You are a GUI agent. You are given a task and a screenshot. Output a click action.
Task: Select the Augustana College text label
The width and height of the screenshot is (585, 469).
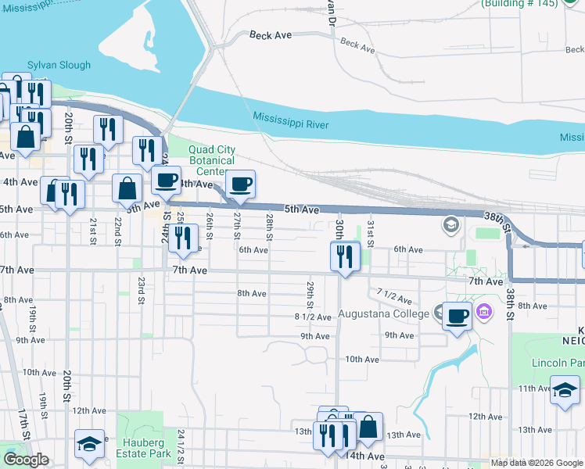pyautogui.click(x=383, y=314)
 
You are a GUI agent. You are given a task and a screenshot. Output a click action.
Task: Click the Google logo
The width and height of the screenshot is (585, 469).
pyautogui.click(x=26, y=460)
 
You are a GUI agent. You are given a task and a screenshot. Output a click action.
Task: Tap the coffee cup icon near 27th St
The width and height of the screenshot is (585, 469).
pyautogui.click(x=240, y=185)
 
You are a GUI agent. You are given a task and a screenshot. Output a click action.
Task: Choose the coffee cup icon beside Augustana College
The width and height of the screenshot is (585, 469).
pyautogui.click(x=458, y=317)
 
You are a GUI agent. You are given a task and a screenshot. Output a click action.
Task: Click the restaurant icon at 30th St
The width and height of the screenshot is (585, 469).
pyautogui.click(x=344, y=256)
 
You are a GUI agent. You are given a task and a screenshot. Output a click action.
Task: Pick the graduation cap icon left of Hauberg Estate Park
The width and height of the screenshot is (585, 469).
pyautogui.click(x=89, y=443)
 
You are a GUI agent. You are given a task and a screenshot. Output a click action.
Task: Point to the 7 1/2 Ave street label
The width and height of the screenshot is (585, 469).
pyautogui.click(x=393, y=296)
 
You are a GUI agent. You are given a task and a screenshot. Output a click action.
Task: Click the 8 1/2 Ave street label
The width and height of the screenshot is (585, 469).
pyautogui.click(x=313, y=317)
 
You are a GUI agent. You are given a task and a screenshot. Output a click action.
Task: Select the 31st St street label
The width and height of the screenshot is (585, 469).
pyautogui.click(x=370, y=233)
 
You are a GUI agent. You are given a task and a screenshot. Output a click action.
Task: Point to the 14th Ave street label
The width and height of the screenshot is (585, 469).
pyautogui.click(x=365, y=456)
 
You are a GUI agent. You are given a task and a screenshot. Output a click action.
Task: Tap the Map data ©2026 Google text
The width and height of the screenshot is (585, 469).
pyautogui.click(x=536, y=463)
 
